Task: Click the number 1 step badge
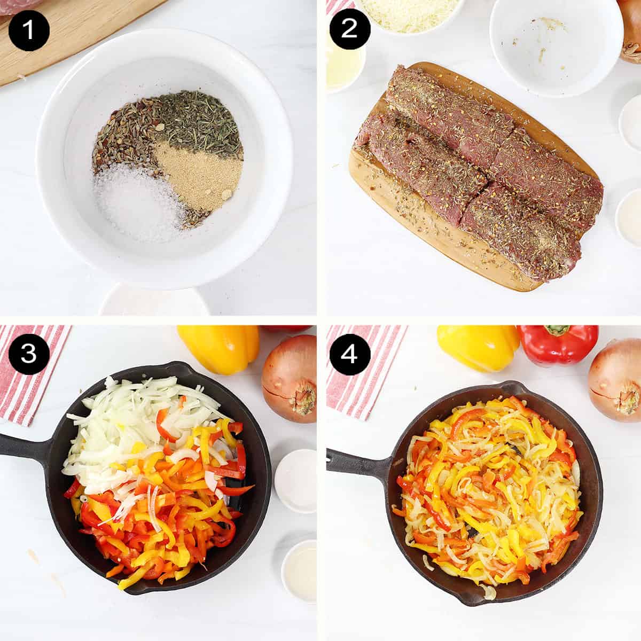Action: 28,29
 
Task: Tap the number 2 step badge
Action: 349,29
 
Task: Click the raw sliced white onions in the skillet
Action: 128,422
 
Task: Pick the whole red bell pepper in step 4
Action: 558,345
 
